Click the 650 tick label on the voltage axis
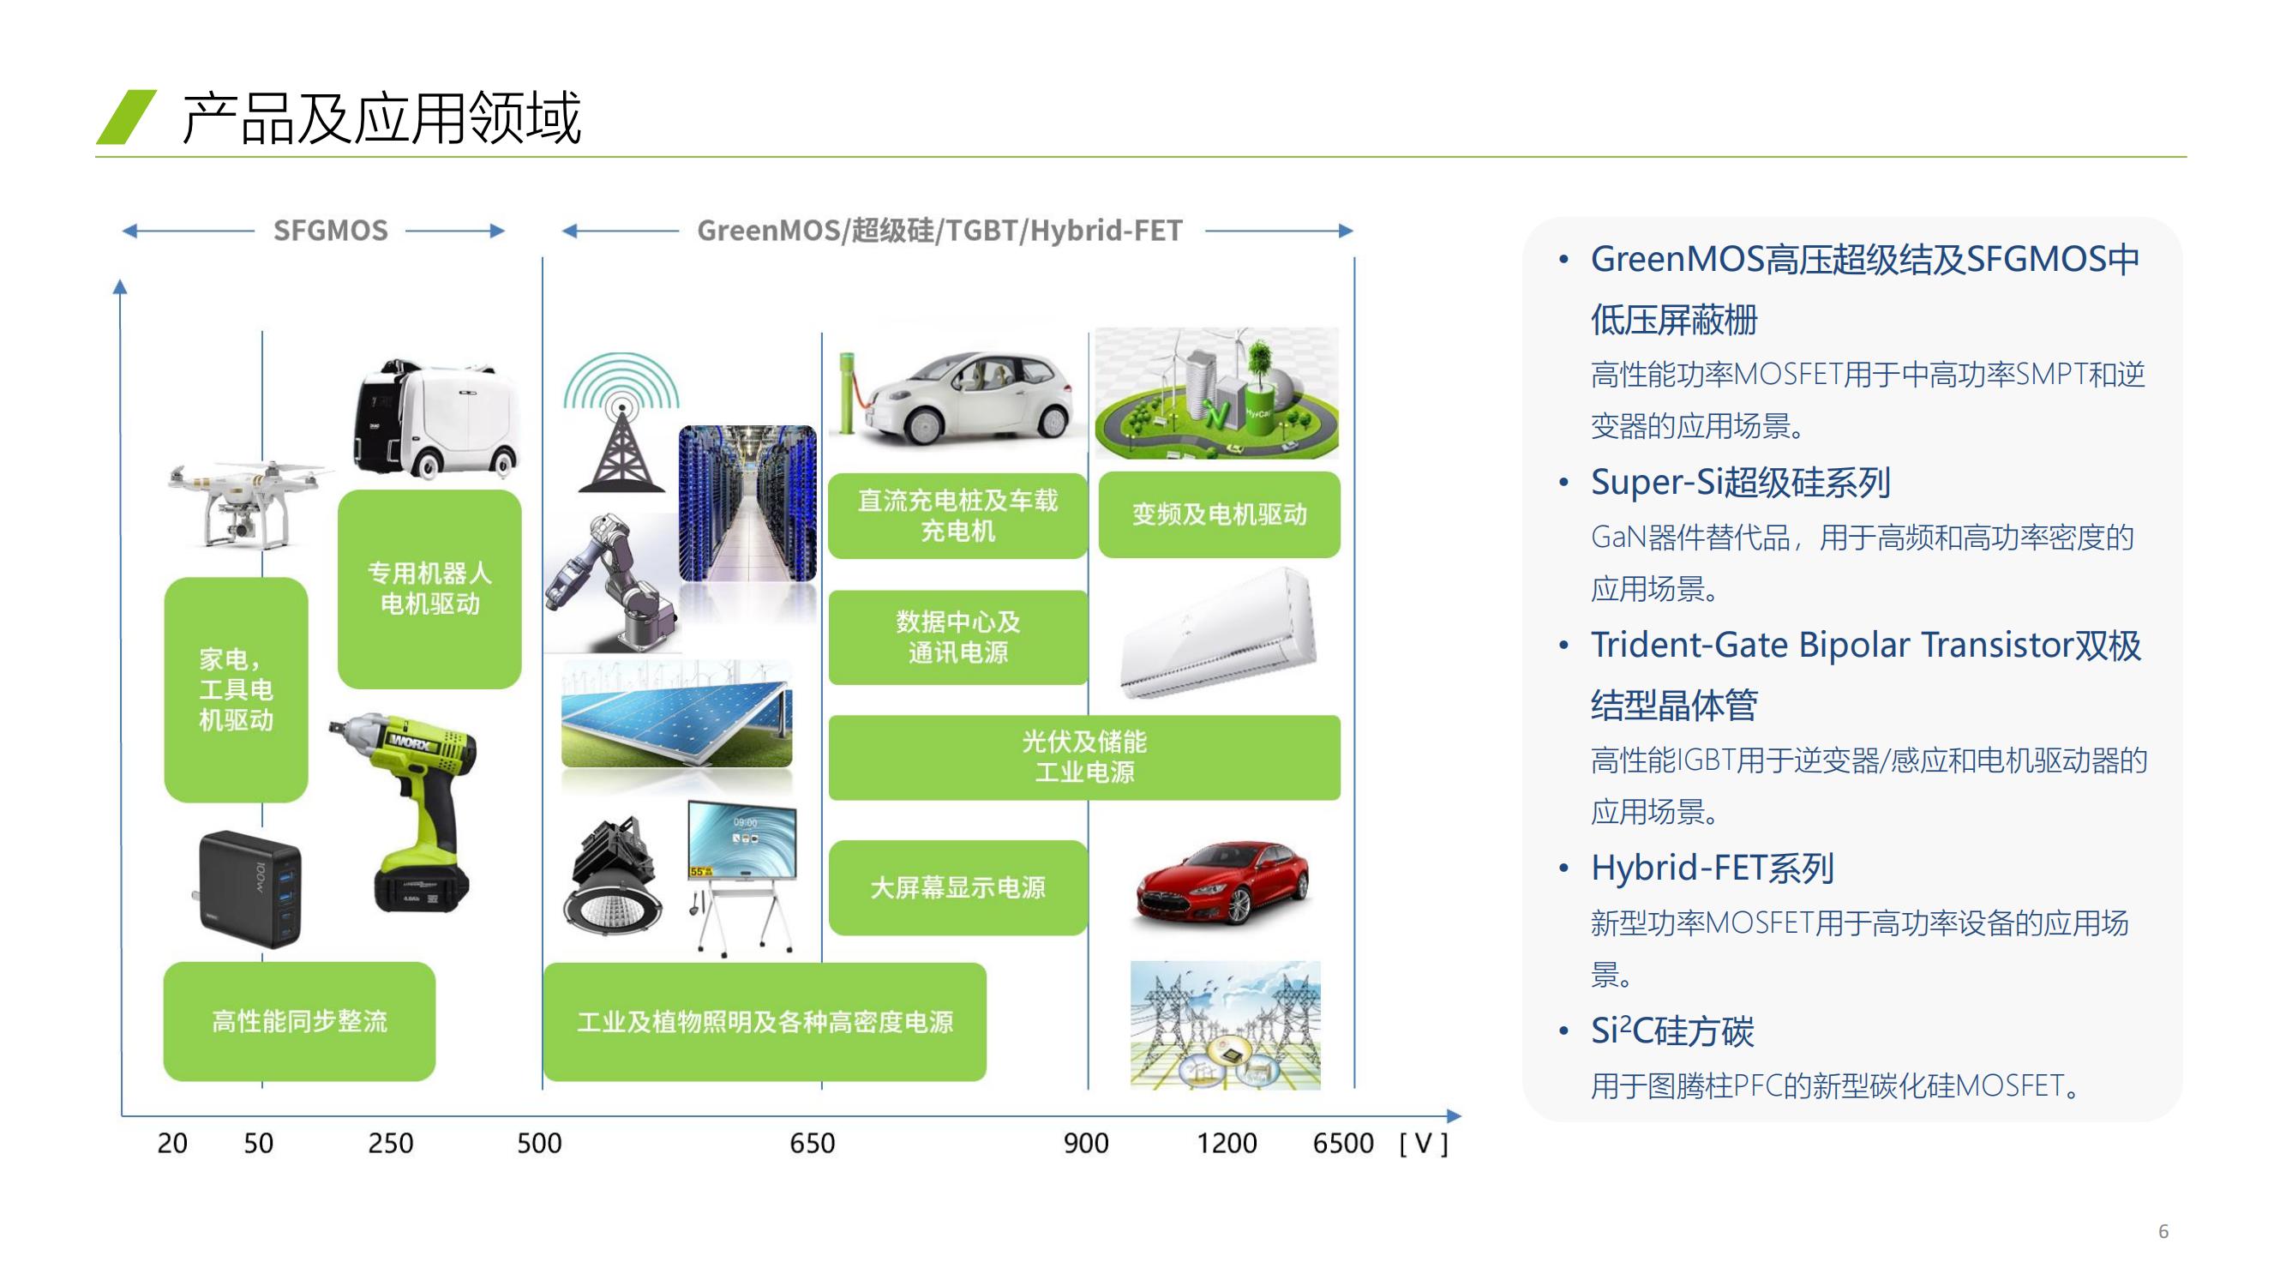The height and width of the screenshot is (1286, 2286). click(x=812, y=1143)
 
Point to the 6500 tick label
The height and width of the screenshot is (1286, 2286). click(x=1342, y=1143)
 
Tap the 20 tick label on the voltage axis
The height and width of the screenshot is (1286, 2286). click(x=172, y=1143)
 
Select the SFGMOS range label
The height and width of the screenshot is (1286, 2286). click(x=330, y=231)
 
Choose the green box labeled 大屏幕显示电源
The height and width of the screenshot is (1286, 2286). click(x=957, y=887)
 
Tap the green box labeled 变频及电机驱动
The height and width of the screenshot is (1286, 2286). click(x=1220, y=514)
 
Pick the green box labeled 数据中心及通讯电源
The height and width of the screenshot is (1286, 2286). click(x=957, y=637)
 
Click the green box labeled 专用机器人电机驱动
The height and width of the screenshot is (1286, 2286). click(x=429, y=589)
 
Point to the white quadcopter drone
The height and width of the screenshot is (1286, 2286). click(x=244, y=503)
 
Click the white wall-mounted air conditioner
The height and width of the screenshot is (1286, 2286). click(x=1217, y=632)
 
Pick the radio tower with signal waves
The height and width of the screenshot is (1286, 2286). click(x=621, y=424)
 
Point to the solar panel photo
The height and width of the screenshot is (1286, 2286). click(x=677, y=714)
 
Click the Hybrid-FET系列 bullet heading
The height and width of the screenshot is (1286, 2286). click(x=1712, y=868)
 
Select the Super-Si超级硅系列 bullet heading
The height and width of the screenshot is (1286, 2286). click(x=1740, y=483)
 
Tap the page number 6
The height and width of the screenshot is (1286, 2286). click(x=2163, y=1231)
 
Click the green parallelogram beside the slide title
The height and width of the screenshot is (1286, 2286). click(x=127, y=117)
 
